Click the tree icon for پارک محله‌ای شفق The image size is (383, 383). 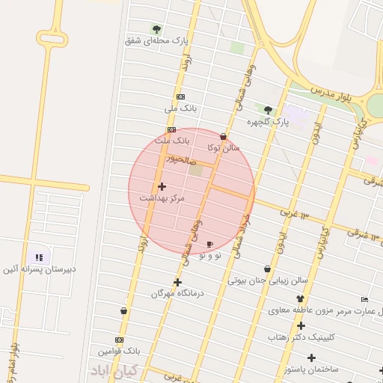(x=156, y=29)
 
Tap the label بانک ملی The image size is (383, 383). (x=180, y=108)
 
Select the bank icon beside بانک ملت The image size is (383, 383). (x=172, y=129)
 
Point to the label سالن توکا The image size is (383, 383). (x=224, y=147)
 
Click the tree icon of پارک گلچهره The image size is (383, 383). (x=268, y=110)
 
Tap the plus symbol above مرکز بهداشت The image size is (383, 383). (x=162, y=186)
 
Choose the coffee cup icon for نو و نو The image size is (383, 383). (x=209, y=245)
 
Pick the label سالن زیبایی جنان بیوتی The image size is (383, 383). (x=268, y=281)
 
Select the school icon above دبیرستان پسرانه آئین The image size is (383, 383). (x=38, y=257)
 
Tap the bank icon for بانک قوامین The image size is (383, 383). (x=119, y=339)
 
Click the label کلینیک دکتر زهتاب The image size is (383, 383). (x=301, y=337)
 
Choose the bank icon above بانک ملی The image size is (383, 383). (x=180, y=97)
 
